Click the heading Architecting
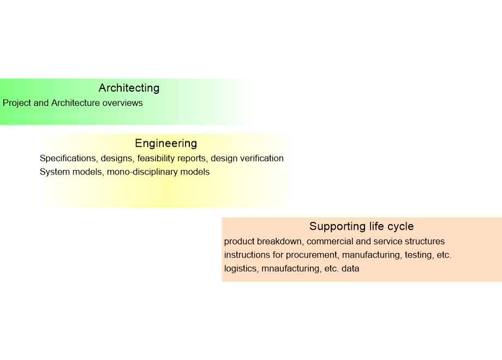(129, 88)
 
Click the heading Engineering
(166, 143)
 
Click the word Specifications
(68, 158)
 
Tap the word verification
(262, 158)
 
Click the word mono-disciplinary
(142, 172)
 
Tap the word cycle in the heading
(401, 226)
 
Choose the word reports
(192, 158)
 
